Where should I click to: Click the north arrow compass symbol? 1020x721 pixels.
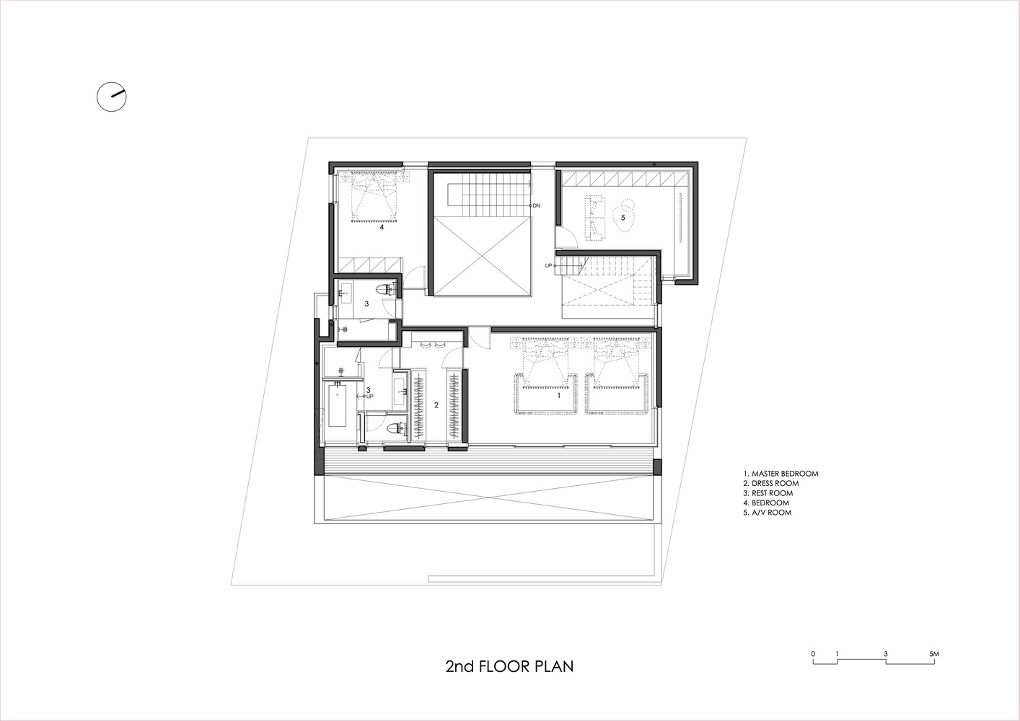point(112,97)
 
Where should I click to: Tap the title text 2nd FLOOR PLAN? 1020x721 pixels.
point(509,666)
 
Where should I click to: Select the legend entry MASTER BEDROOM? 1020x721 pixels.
point(785,474)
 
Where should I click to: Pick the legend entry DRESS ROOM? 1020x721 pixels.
point(775,483)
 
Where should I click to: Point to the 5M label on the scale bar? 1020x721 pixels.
point(934,654)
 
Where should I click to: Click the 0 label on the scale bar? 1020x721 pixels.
point(813,654)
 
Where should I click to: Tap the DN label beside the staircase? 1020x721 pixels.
point(537,205)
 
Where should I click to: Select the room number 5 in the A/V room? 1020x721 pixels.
point(623,218)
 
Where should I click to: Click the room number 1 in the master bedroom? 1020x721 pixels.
point(559,396)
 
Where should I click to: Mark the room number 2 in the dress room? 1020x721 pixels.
point(436,404)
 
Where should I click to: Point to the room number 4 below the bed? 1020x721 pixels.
point(382,226)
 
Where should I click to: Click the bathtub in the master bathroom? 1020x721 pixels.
point(338,405)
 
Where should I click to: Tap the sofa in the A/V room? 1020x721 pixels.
point(596,218)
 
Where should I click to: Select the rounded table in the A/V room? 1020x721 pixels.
point(624,216)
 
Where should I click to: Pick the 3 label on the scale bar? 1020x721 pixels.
point(886,654)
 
